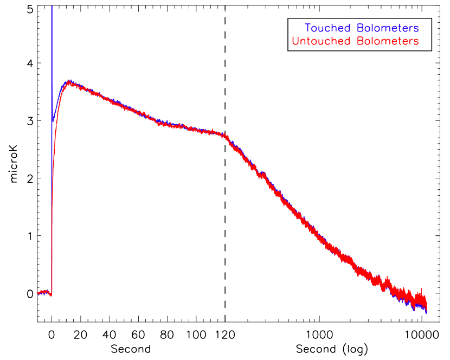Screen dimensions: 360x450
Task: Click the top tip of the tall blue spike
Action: (x=52, y=6)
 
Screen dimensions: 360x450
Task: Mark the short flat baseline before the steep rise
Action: (x=44, y=293)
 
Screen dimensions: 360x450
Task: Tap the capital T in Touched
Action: (x=308, y=28)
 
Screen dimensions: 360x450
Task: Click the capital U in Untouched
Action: (x=295, y=41)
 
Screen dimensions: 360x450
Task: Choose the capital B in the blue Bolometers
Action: (x=360, y=28)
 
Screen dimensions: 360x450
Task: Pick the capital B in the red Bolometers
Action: (x=360, y=41)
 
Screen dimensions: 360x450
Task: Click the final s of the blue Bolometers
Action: (x=416, y=28)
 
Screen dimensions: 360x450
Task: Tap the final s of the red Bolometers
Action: (x=416, y=41)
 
